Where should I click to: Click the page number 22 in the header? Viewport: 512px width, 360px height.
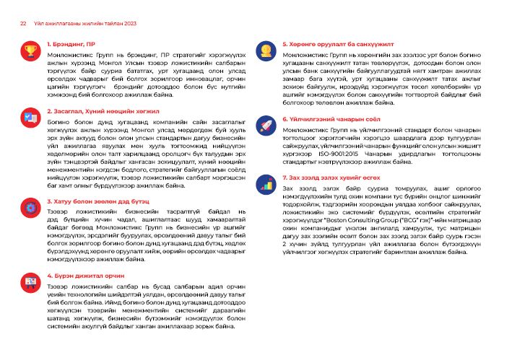click(x=22, y=22)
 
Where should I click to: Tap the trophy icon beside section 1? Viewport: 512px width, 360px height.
click(x=30, y=51)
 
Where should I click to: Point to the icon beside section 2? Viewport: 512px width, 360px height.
click(x=30, y=118)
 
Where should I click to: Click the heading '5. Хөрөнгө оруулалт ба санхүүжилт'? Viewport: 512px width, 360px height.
click(x=331, y=45)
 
